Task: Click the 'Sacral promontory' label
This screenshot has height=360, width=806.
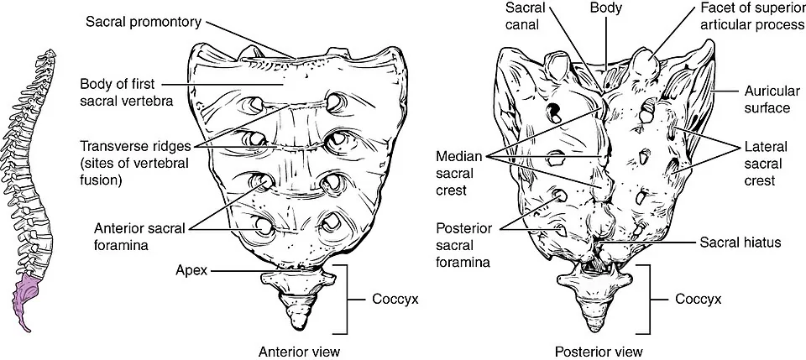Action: (144, 22)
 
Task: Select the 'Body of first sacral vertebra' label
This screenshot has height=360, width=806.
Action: (126, 92)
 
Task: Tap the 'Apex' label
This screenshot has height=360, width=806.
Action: (191, 270)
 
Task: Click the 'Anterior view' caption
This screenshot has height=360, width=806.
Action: (299, 352)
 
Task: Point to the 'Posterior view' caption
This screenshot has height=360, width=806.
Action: (599, 352)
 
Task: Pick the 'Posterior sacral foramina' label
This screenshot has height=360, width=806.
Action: (463, 245)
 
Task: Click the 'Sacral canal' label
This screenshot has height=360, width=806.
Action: (522, 15)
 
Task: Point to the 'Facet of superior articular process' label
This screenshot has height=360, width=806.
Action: (751, 15)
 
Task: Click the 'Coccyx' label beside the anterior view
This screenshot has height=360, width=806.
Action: (395, 299)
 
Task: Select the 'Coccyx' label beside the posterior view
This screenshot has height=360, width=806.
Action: (698, 299)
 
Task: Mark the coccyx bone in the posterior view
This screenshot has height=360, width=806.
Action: (595, 298)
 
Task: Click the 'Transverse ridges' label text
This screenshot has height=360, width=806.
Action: (135, 146)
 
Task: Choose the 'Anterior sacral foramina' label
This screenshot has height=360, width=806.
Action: (139, 237)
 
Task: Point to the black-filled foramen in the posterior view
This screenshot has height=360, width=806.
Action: (554, 110)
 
